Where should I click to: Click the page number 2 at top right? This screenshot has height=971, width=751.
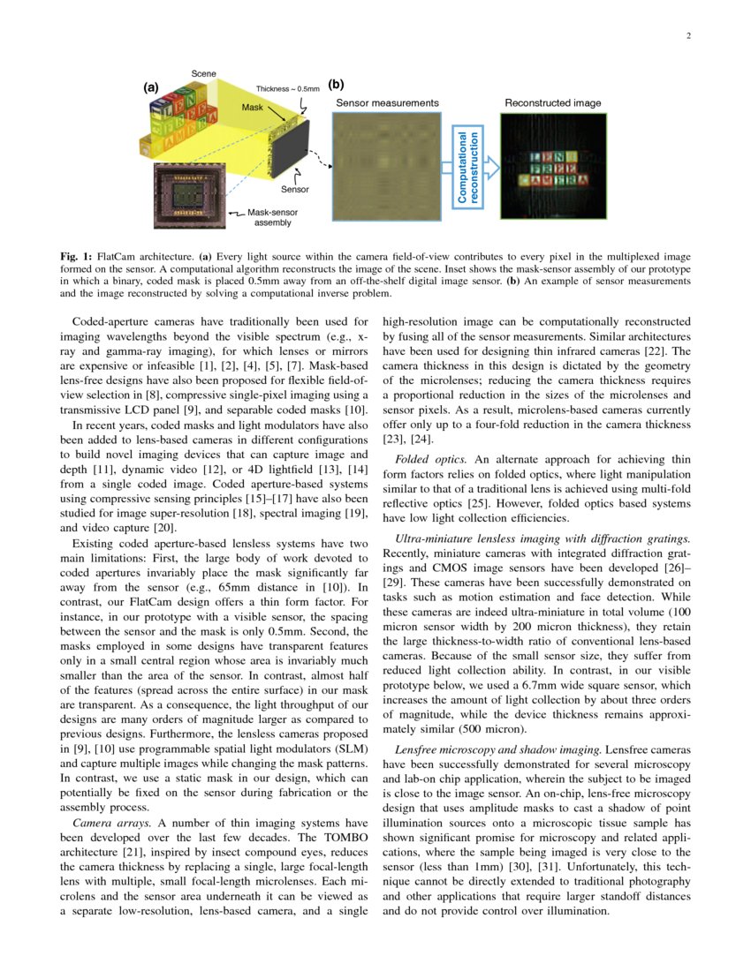coord(687,36)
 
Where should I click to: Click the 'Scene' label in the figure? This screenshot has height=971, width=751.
coord(204,73)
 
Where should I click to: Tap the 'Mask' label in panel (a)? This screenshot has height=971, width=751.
coord(253,107)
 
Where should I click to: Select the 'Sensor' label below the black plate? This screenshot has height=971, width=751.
coord(295,189)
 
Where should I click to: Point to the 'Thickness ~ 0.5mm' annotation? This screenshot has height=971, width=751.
coord(288,89)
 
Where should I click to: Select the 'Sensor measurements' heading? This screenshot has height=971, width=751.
coord(387,103)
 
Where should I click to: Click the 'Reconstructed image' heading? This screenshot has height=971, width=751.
coord(552,103)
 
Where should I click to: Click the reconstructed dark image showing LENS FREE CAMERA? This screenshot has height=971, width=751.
coord(552,166)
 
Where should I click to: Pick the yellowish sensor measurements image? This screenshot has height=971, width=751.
coord(386,166)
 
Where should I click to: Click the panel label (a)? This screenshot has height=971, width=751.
coord(151,87)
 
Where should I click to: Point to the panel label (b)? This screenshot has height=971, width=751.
coord(336,85)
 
